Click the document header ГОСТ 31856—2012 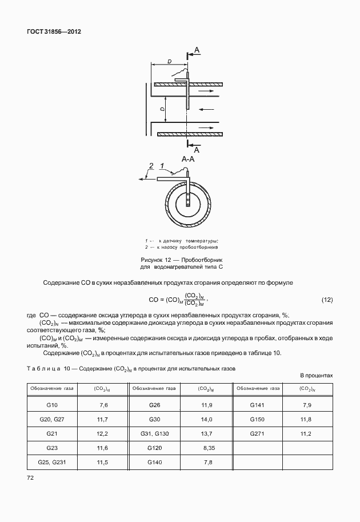coord(54,31)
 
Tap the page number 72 coord(31,476)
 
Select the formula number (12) coord(327,300)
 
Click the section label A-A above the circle coord(188,160)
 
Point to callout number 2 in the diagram coord(151,166)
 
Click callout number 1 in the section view coord(162,166)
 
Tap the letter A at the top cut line coord(197,51)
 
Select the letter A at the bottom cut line coord(197,149)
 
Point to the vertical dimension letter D coord(162,108)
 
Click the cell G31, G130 coord(154,433)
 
